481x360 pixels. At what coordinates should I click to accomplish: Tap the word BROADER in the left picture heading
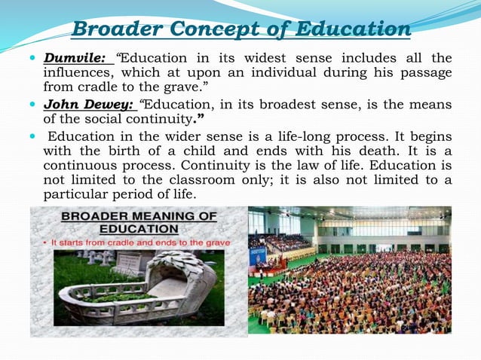[90, 216]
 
